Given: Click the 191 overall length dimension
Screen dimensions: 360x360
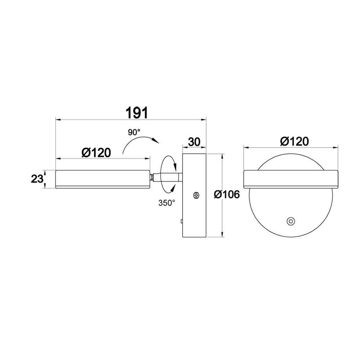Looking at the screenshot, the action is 137,112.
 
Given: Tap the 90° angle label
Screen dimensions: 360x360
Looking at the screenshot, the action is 134,132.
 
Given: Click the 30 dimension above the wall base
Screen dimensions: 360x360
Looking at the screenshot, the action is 194,142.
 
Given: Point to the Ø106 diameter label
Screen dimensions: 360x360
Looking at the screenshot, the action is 227,195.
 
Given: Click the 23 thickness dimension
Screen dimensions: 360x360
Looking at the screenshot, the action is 37,179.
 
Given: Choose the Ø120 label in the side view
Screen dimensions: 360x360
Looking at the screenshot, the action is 96,152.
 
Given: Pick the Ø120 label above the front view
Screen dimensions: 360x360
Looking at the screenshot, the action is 294,141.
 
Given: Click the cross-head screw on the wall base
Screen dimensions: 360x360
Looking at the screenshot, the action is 196,195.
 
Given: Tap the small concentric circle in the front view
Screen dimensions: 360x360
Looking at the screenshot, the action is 291,221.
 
